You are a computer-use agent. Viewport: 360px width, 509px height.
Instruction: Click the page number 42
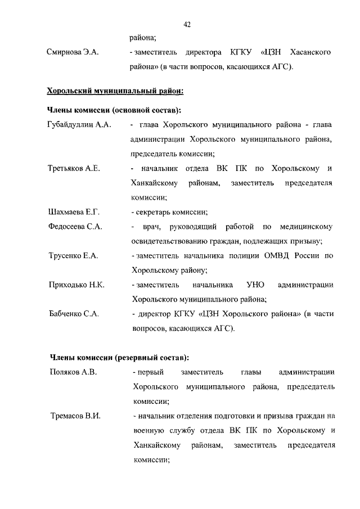(188, 24)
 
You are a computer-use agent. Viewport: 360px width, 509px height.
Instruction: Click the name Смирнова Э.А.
(73, 52)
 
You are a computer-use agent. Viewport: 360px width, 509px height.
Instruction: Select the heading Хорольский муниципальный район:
(115, 90)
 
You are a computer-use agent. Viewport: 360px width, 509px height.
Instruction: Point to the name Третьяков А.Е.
(74, 169)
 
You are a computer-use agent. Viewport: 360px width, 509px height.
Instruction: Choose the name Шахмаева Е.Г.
(73, 212)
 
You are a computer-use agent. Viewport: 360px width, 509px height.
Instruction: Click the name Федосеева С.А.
(75, 227)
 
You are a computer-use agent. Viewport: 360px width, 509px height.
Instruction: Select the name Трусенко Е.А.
(73, 256)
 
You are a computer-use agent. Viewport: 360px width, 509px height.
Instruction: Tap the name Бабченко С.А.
(74, 314)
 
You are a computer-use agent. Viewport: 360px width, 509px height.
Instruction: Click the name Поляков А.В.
(73, 372)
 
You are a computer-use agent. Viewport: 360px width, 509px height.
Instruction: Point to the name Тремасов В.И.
(74, 416)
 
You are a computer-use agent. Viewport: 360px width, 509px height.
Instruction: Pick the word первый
(150, 372)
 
